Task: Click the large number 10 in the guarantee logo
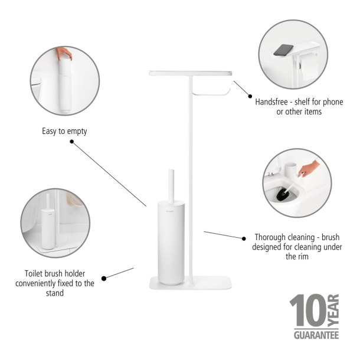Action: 307,312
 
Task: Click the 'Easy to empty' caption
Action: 64,131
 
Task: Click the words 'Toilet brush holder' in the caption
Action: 54,273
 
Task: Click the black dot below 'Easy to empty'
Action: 71,142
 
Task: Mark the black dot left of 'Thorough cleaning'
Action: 243,238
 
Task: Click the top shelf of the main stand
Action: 190,72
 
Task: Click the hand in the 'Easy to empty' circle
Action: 64,54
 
